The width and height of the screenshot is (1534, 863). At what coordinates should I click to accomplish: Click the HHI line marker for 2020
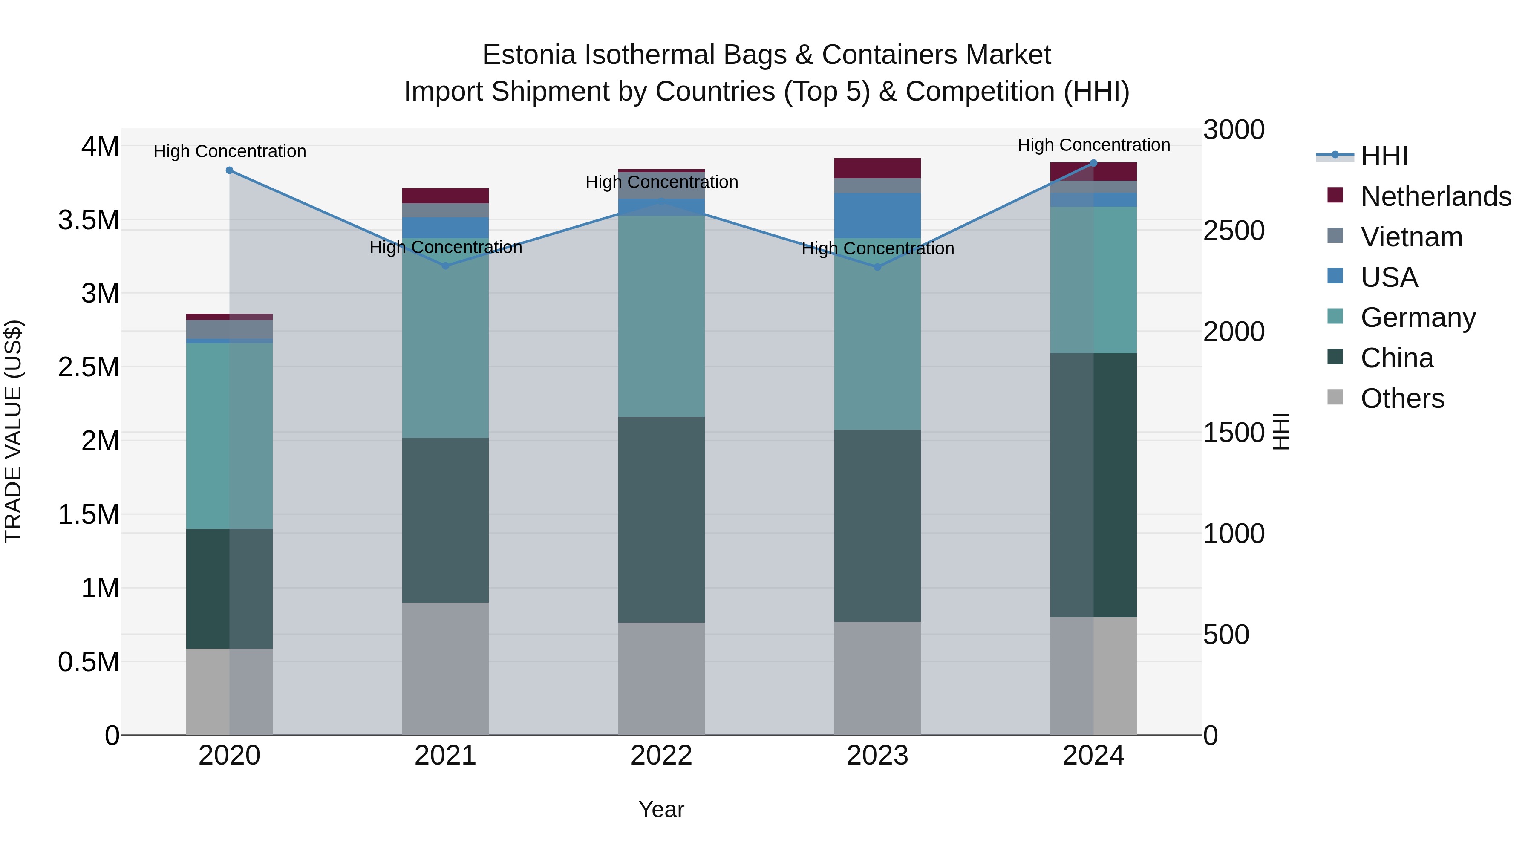click(229, 170)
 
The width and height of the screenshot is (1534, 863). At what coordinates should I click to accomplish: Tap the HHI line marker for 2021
click(445, 266)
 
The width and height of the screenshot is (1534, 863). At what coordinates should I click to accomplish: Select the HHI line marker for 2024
click(1093, 163)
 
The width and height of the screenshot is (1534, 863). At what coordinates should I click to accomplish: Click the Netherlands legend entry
click(1436, 196)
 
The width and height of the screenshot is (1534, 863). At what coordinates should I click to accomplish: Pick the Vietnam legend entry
click(1411, 237)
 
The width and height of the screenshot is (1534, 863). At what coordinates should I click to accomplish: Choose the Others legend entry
click(1402, 398)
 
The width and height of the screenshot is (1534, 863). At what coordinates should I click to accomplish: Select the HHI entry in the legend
click(1384, 156)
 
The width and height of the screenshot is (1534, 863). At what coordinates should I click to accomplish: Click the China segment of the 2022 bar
click(661, 520)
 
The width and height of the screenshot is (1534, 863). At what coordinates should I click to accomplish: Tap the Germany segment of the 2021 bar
click(445, 338)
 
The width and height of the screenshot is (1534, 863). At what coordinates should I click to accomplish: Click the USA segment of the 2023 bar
click(877, 216)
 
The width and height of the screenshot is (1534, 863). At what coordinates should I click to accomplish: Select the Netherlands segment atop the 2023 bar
click(877, 168)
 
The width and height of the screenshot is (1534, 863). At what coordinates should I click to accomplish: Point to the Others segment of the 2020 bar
click(229, 692)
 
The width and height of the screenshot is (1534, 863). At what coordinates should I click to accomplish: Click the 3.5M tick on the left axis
click(88, 220)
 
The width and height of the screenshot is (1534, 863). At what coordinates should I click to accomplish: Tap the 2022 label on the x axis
click(661, 756)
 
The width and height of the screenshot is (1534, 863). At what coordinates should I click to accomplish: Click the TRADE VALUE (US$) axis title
click(13, 431)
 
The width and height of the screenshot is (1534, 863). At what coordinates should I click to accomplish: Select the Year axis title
click(661, 809)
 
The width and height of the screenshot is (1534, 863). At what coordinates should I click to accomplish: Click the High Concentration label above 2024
click(1093, 145)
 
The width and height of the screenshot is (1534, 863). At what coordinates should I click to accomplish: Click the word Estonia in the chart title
click(529, 55)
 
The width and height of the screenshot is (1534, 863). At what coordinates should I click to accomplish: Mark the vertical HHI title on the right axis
click(1280, 431)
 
